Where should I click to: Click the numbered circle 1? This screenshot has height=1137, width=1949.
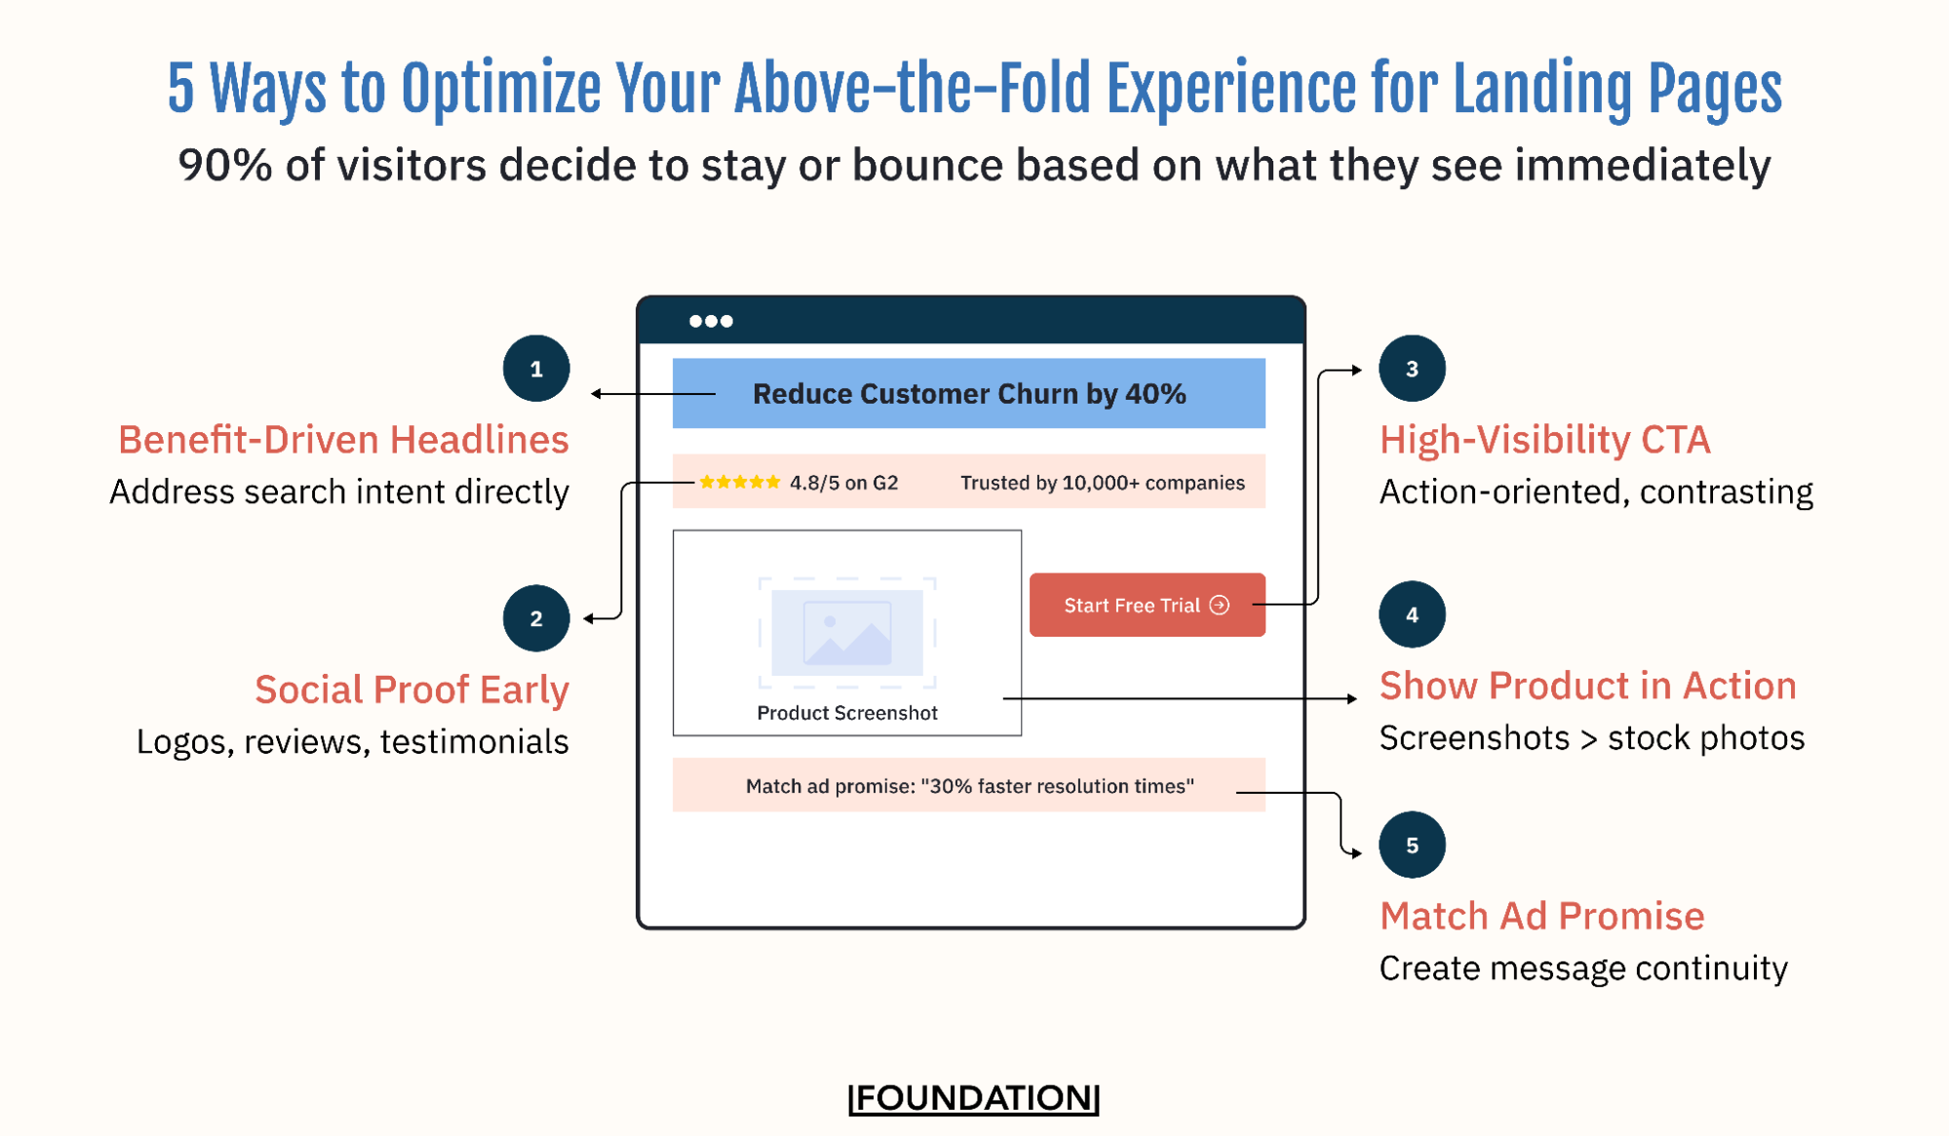536,369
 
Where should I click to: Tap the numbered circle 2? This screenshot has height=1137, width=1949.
536,618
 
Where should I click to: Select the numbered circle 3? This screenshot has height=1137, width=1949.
1412,369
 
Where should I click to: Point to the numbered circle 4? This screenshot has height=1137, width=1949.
1412,614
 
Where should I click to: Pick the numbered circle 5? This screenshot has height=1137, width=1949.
1412,844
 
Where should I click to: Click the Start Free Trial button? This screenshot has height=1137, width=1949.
1147,605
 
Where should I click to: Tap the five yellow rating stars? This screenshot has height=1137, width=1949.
740,482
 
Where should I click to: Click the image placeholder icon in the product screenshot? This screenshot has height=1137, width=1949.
847,633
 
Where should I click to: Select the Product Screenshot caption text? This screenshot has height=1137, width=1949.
847,713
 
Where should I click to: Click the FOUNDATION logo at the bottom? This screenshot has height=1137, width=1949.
974,1097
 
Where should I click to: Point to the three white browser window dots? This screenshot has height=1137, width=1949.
711,321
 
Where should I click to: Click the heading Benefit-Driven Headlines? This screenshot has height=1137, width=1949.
343,440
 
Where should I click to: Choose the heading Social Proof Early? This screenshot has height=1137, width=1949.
411,689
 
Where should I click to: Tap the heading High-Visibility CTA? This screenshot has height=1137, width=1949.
1544,440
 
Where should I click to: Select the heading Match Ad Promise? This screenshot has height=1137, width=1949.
1541,916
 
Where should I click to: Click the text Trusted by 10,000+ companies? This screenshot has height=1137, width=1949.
1102,483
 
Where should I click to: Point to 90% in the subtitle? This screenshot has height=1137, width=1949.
225,165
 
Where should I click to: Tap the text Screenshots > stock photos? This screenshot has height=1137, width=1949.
1591,738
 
